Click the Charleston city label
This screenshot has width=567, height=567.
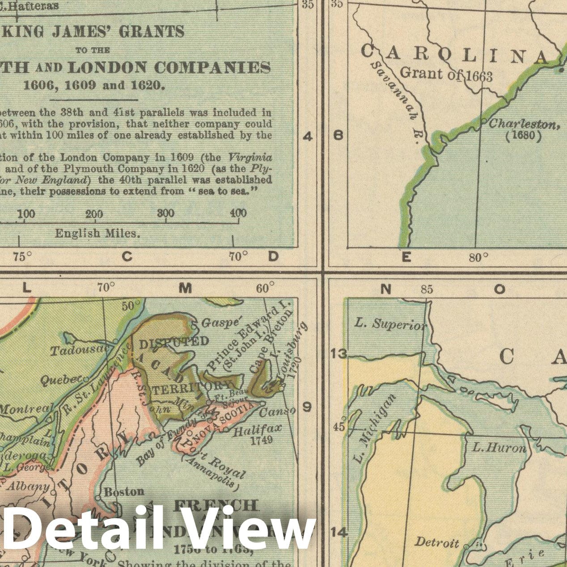(524, 124)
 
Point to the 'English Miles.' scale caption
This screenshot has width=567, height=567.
(97, 233)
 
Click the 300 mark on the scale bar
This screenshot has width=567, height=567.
(165, 213)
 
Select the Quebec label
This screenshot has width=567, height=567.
(59, 380)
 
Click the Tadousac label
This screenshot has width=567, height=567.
(79, 350)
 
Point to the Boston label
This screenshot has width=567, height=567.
(124, 491)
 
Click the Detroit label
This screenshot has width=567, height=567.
(437, 542)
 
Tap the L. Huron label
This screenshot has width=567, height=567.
(500, 447)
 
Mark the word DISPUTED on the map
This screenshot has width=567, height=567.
(174, 342)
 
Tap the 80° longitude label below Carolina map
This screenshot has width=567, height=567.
(479, 258)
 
